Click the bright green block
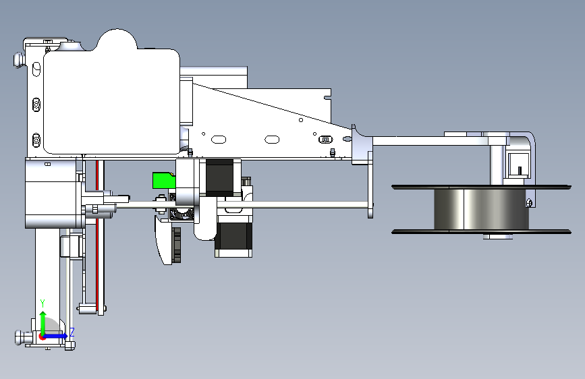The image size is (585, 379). pyautogui.click(x=164, y=180)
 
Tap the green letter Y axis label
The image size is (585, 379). pyautogui.click(x=43, y=303)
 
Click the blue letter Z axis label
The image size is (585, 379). pyautogui.click(x=72, y=332)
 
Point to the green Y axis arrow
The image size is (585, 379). pyautogui.click(x=43, y=323)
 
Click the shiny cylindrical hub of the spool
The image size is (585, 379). pyautogui.click(x=481, y=209)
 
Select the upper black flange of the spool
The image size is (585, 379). pyautogui.click(x=481, y=187)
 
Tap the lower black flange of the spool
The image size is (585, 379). pyautogui.click(x=481, y=232)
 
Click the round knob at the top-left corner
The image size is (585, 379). pyautogui.click(x=19, y=59)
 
